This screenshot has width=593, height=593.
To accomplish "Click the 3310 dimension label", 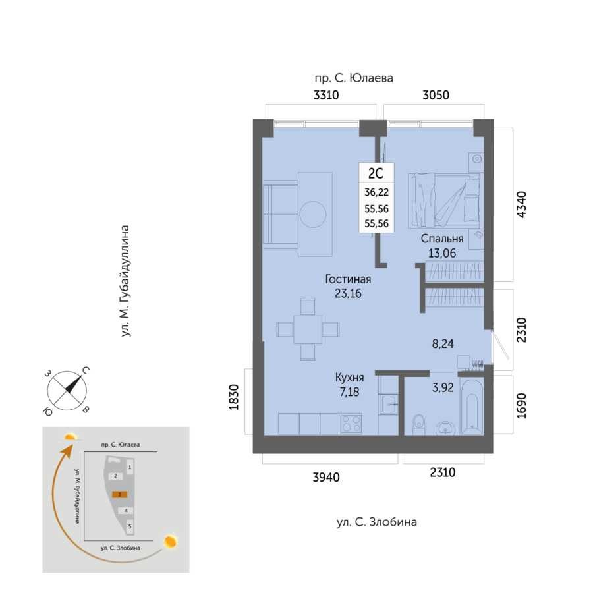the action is pyautogui.click(x=325, y=95).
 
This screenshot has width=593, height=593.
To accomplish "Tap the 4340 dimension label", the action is pyautogui.click(x=522, y=205).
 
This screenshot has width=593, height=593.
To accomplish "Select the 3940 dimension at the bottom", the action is pyautogui.click(x=326, y=477).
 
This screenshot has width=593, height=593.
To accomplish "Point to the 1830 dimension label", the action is pyautogui.click(x=234, y=397).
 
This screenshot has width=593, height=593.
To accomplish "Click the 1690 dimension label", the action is pyautogui.click(x=522, y=406).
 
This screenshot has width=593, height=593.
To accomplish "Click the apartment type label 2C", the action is pyautogui.click(x=376, y=173).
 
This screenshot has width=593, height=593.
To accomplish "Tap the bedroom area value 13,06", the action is pyautogui.click(x=441, y=253).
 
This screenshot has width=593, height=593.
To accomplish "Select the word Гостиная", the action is pyautogui.click(x=348, y=279).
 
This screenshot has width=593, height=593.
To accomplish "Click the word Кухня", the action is pyautogui.click(x=349, y=378).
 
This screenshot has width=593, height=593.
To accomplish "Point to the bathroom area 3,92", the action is pyautogui.click(x=443, y=387).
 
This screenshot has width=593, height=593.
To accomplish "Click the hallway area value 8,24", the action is pyautogui.click(x=443, y=344).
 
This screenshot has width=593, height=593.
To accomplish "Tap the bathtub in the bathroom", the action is pyautogui.click(x=472, y=407).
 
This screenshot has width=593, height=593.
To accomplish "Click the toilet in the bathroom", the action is pyautogui.click(x=418, y=425).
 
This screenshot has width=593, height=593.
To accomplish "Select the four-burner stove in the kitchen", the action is pyautogui.click(x=351, y=424).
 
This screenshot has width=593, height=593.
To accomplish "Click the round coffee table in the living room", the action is pyautogui.click(x=313, y=214).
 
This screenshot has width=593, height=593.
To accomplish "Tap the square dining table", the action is pyautogui.click(x=308, y=329).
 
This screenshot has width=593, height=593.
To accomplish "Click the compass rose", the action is pyautogui.click(x=67, y=391).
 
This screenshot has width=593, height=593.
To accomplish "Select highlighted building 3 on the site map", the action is pyautogui.click(x=119, y=494).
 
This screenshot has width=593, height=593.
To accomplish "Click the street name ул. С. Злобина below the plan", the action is pyautogui.click(x=377, y=522).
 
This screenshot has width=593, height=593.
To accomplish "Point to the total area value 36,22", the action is pyautogui.click(x=376, y=192).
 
